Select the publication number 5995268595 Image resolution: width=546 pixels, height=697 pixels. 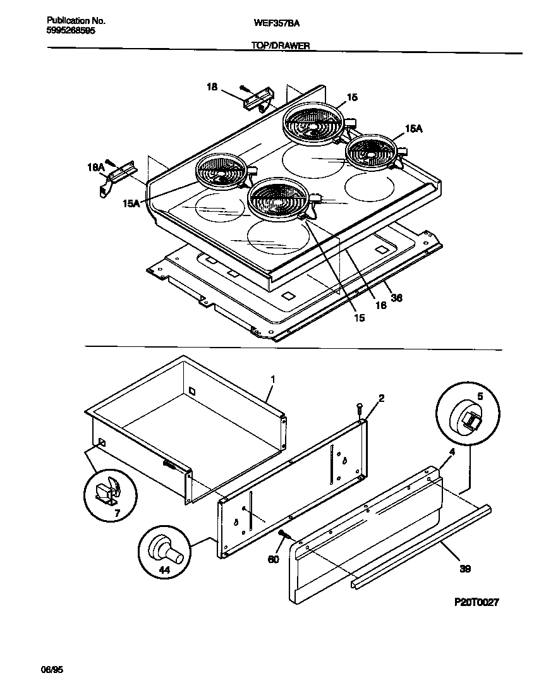click(71, 30)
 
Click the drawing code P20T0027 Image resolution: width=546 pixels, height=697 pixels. click(476, 602)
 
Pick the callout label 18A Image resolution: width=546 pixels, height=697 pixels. click(95, 167)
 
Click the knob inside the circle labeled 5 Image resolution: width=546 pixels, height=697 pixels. click(469, 419)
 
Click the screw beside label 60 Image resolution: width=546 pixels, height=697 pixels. click(284, 536)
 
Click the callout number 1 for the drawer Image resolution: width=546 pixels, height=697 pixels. click(272, 379)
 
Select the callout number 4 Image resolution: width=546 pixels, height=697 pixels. click(452, 452)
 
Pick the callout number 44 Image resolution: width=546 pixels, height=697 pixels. click(164, 570)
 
